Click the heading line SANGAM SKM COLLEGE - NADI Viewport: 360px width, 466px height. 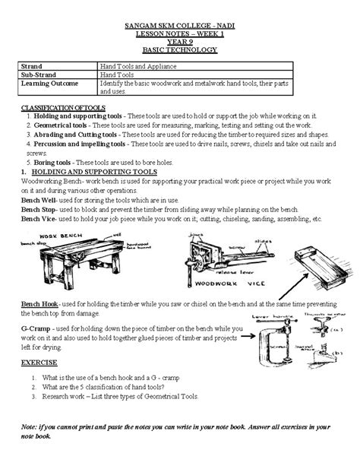click(x=180, y=27)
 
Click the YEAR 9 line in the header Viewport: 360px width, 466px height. click(x=180, y=42)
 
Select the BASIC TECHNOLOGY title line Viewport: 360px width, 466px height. click(x=180, y=50)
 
